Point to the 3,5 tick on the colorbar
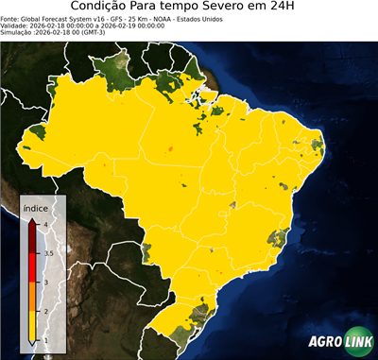point(47,253)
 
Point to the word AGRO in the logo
point(322,343)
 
